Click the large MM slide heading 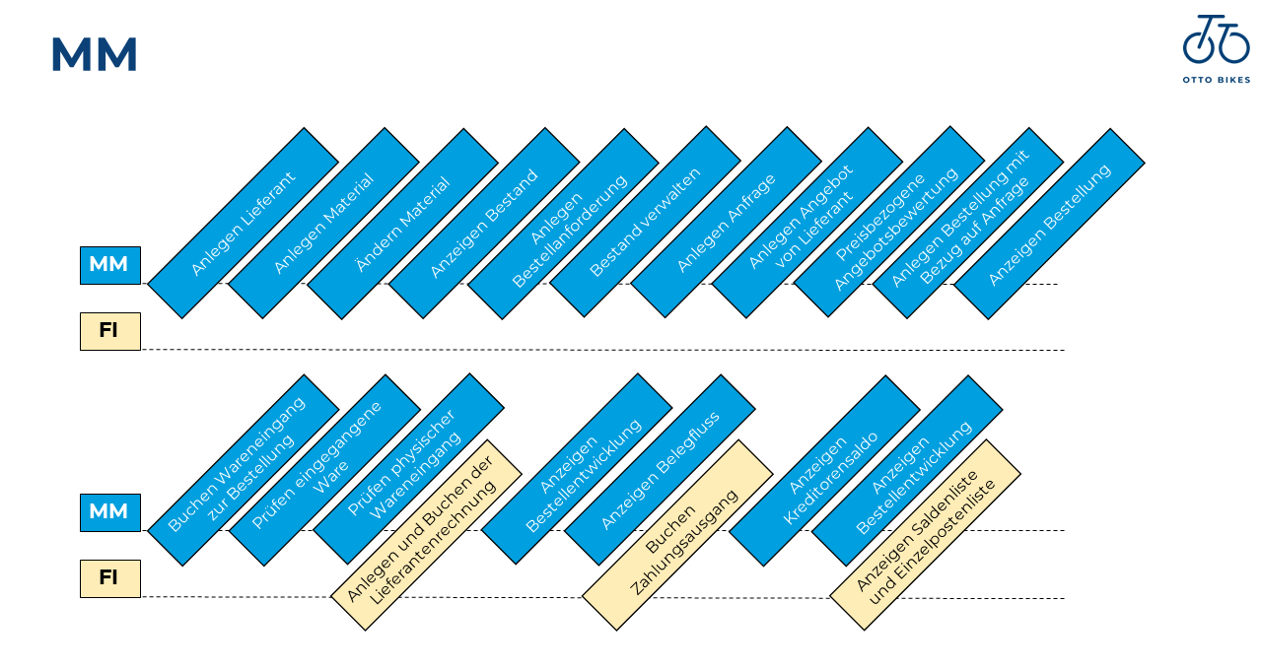[x=94, y=55]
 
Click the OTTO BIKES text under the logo [x=1216, y=80]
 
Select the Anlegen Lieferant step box [x=243, y=224]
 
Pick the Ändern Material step [x=402, y=224]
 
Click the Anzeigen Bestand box [x=484, y=224]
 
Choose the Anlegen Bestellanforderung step [x=562, y=224]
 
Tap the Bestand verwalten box [x=645, y=224]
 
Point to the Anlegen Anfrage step [x=727, y=224]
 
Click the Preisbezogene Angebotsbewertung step [x=889, y=222]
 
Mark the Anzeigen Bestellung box [x=1049, y=224]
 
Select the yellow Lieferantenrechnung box [x=426, y=535]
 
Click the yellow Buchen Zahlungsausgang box [x=677, y=535]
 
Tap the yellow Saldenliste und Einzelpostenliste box [x=925, y=535]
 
